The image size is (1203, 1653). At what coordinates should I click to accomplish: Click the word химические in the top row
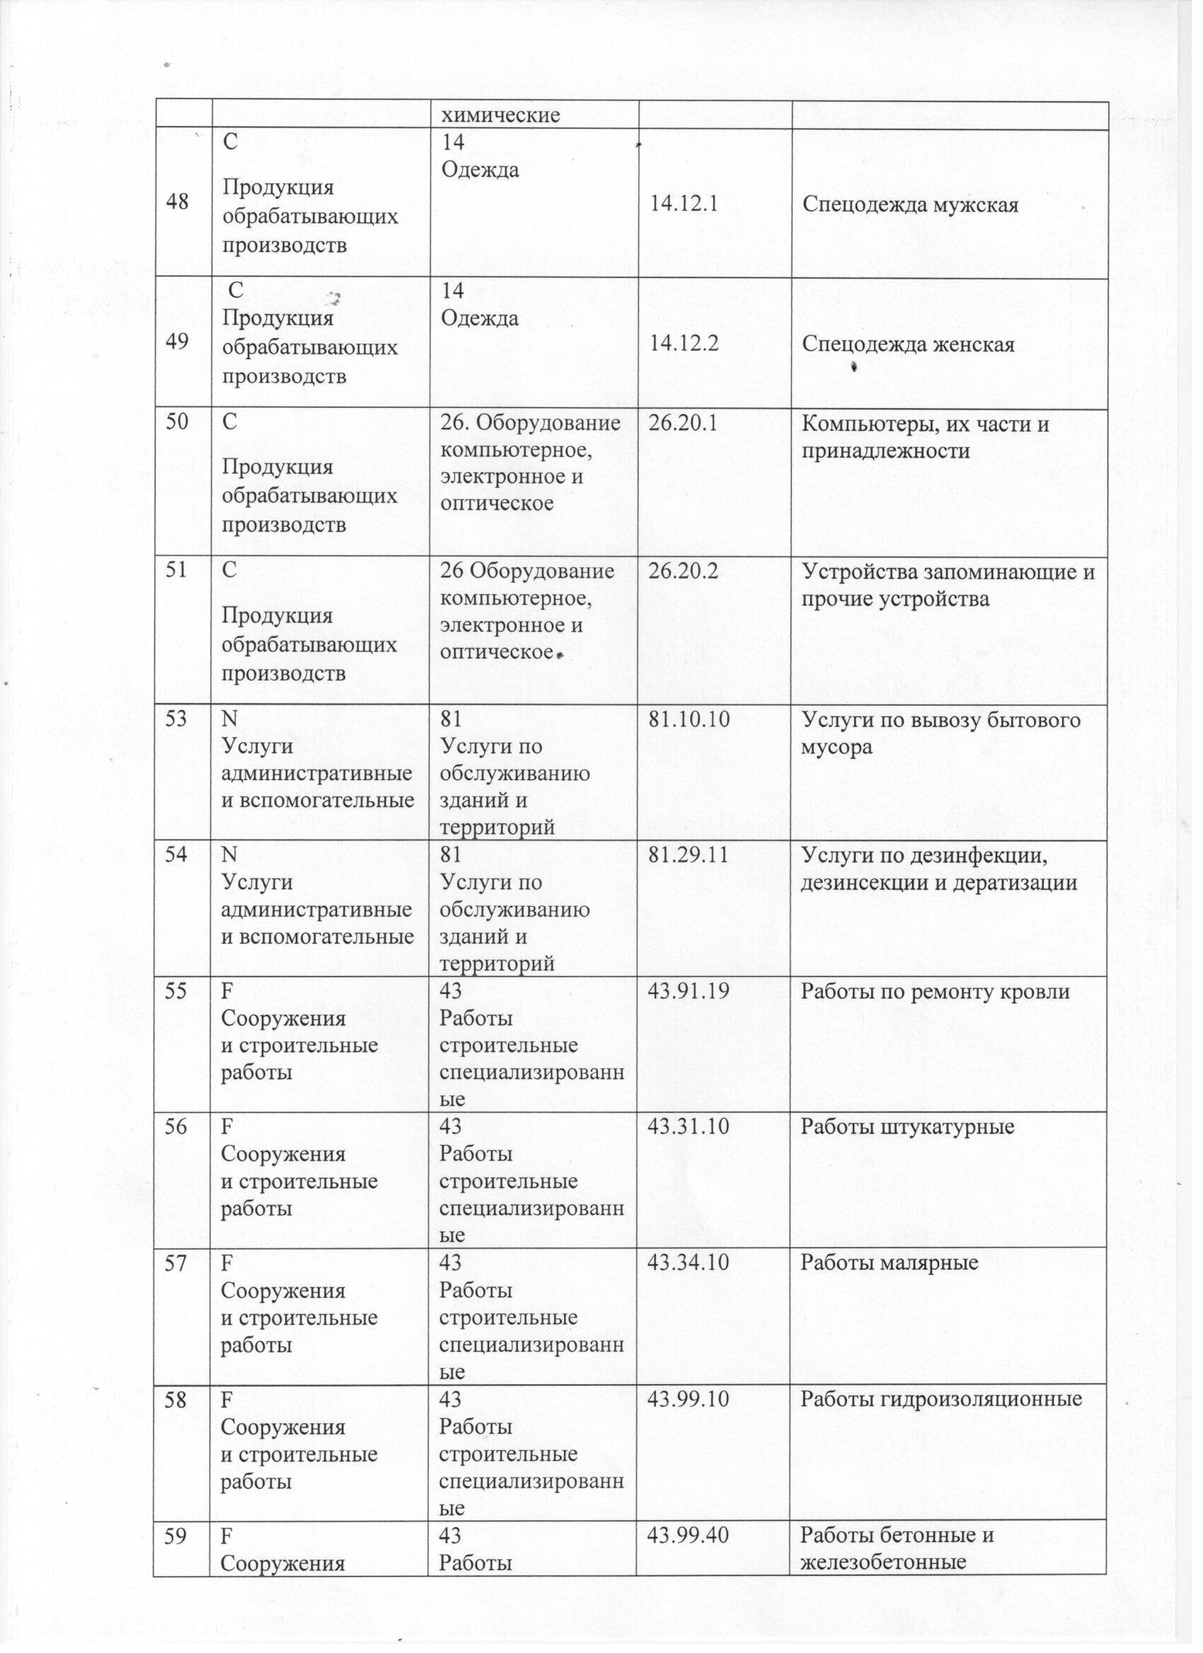pos(502,115)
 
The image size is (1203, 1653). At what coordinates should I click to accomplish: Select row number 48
pos(177,202)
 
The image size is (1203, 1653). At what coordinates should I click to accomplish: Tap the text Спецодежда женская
pos(908,344)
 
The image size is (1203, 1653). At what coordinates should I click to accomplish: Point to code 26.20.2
pos(683,572)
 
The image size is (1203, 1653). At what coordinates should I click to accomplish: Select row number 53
pos(175,720)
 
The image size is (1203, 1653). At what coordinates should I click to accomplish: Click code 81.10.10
pos(690,720)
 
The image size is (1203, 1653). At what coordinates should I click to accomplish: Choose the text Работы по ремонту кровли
pos(935,991)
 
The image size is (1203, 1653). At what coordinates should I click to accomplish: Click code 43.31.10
pos(689,1127)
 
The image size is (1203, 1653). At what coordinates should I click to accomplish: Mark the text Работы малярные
pos(889,1263)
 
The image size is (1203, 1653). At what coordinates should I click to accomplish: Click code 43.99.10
pos(689,1399)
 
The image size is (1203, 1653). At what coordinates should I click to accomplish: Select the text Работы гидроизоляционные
pos(940,1399)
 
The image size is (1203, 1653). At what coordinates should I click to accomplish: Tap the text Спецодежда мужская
pos(910,205)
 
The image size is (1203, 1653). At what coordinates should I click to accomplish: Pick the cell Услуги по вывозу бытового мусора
pos(940,733)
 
